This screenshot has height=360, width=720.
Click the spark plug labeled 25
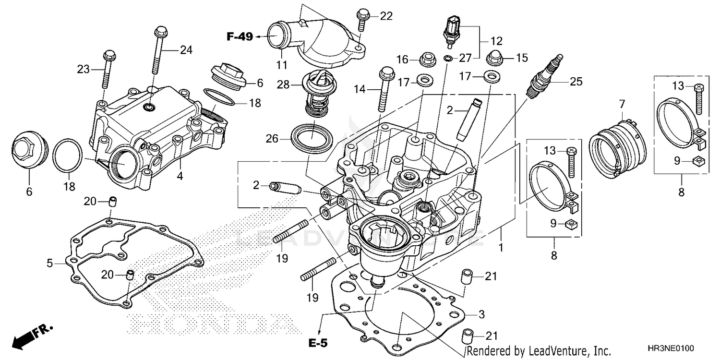click(x=543, y=77)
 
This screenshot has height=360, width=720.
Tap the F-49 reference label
click(x=240, y=36)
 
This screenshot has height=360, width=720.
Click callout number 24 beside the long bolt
click(x=186, y=49)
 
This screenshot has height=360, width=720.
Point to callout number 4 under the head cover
click(x=180, y=176)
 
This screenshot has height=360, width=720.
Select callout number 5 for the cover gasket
click(x=49, y=263)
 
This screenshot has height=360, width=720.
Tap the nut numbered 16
click(x=426, y=60)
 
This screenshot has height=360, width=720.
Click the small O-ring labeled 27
click(x=447, y=59)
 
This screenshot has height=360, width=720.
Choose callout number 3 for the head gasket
click(x=481, y=314)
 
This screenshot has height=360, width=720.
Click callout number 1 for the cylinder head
click(x=501, y=248)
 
